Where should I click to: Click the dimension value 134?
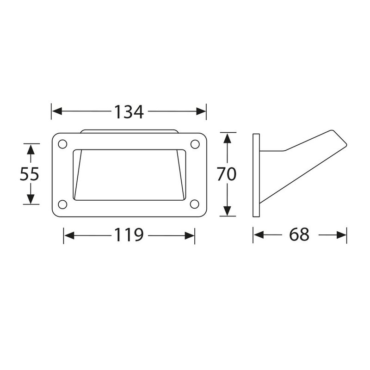point(129,111)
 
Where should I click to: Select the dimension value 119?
point(129,235)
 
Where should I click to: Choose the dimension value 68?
point(299,235)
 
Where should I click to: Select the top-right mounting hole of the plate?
point(195,144)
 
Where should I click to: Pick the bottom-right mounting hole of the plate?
point(195,204)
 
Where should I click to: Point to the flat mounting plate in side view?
point(256,175)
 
